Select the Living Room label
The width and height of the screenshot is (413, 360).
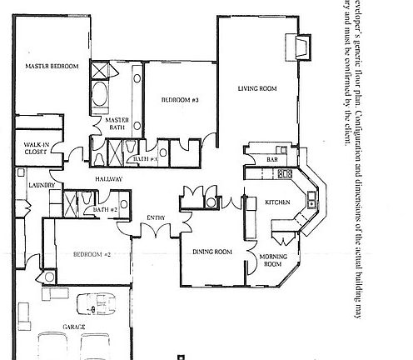click(256, 87)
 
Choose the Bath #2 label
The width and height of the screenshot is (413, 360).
click(105, 209)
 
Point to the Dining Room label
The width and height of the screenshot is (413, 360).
click(211, 252)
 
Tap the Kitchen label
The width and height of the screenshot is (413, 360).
click(276, 202)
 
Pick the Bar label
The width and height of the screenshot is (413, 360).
click(271, 159)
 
